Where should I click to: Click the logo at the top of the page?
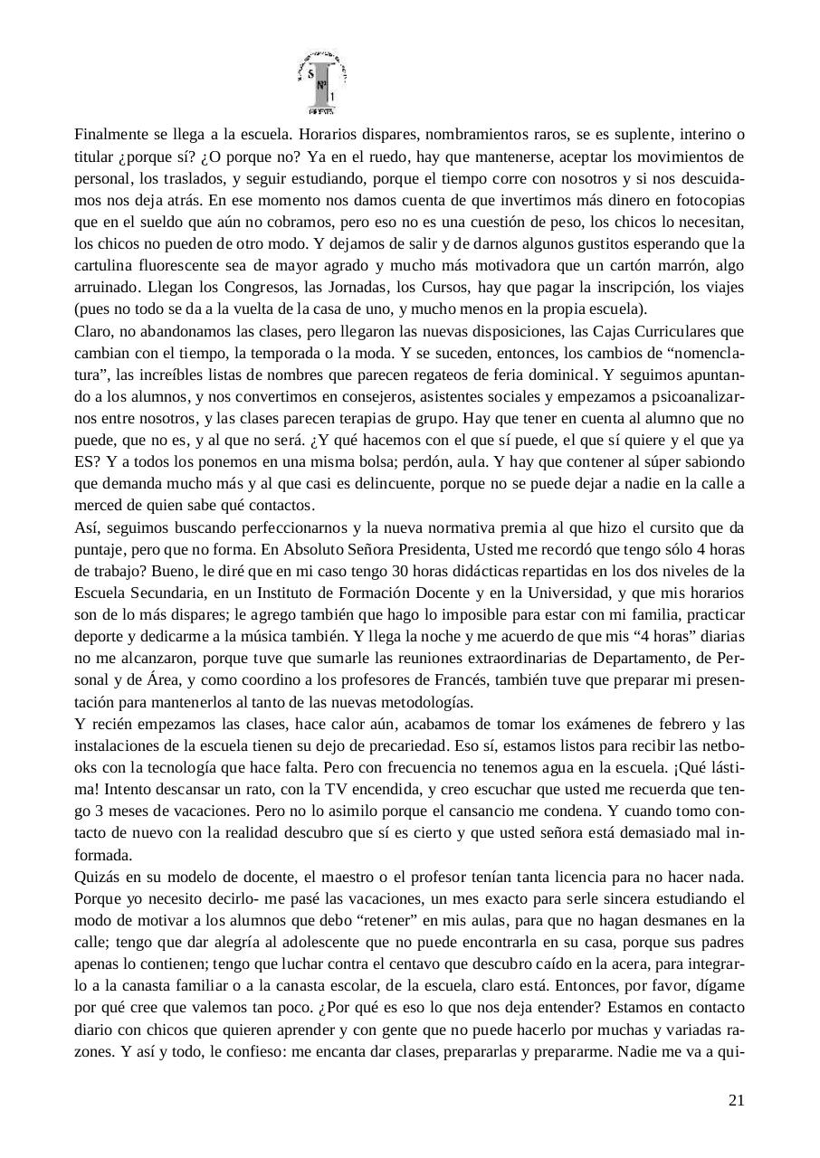pos(322,83)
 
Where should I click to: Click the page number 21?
pos(736,1100)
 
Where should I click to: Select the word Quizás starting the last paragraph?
pos(97,877)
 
